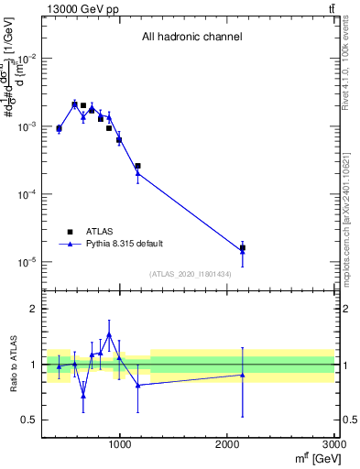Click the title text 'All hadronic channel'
point(191,38)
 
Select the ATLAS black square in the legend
point(70,232)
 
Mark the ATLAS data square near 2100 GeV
point(242,247)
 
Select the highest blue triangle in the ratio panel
point(109,335)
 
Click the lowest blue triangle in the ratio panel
point(83,396)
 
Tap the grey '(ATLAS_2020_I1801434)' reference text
point(191,274)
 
